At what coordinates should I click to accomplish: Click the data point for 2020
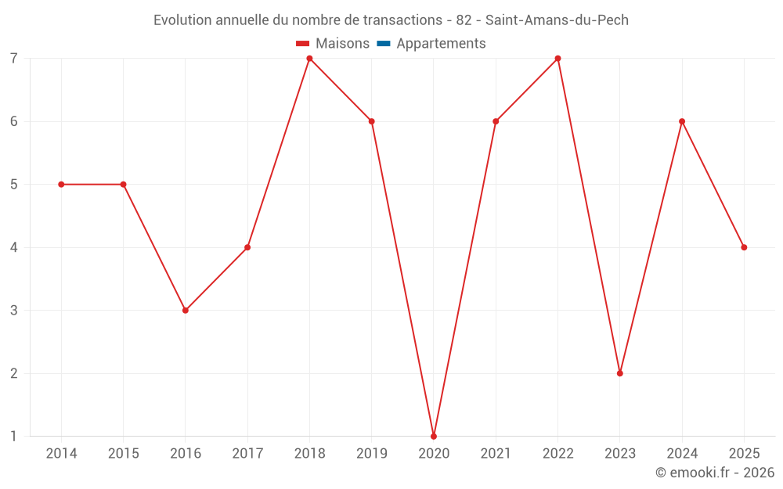coord(434,436)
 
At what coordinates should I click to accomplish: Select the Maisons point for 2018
coord(309,59)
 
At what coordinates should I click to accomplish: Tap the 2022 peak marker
coord(557,59)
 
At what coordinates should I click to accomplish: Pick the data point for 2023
coord(619,373)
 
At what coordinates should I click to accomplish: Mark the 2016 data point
coord(186,310)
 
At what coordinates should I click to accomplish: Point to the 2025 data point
coord(744,247)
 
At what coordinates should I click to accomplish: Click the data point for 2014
coord(61,185)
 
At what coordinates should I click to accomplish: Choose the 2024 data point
coord(682,121)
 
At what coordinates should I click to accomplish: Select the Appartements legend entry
coord(441,44)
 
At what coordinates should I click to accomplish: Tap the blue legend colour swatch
coord(384,44)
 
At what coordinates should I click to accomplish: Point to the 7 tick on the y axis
coord(14,59)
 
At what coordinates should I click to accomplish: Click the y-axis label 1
coord(14,436)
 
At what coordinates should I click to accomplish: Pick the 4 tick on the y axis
coord(14,247)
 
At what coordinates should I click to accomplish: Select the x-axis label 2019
coord(371,454)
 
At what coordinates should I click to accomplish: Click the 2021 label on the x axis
coord(496,454)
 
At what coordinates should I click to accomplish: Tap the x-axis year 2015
coord(123,454)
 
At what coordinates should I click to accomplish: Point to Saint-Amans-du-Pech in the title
coord(557,20)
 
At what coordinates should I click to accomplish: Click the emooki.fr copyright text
coord(715,473)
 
